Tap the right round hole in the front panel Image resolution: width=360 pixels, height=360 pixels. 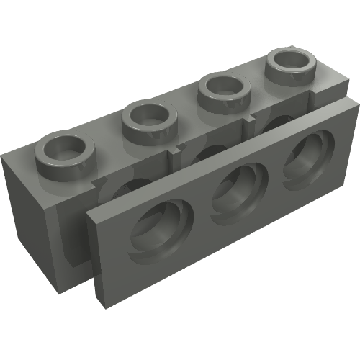pyautogui.click(x=305, y=161)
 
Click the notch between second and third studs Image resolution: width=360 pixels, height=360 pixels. pyautogui.click(x=177, y=151)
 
